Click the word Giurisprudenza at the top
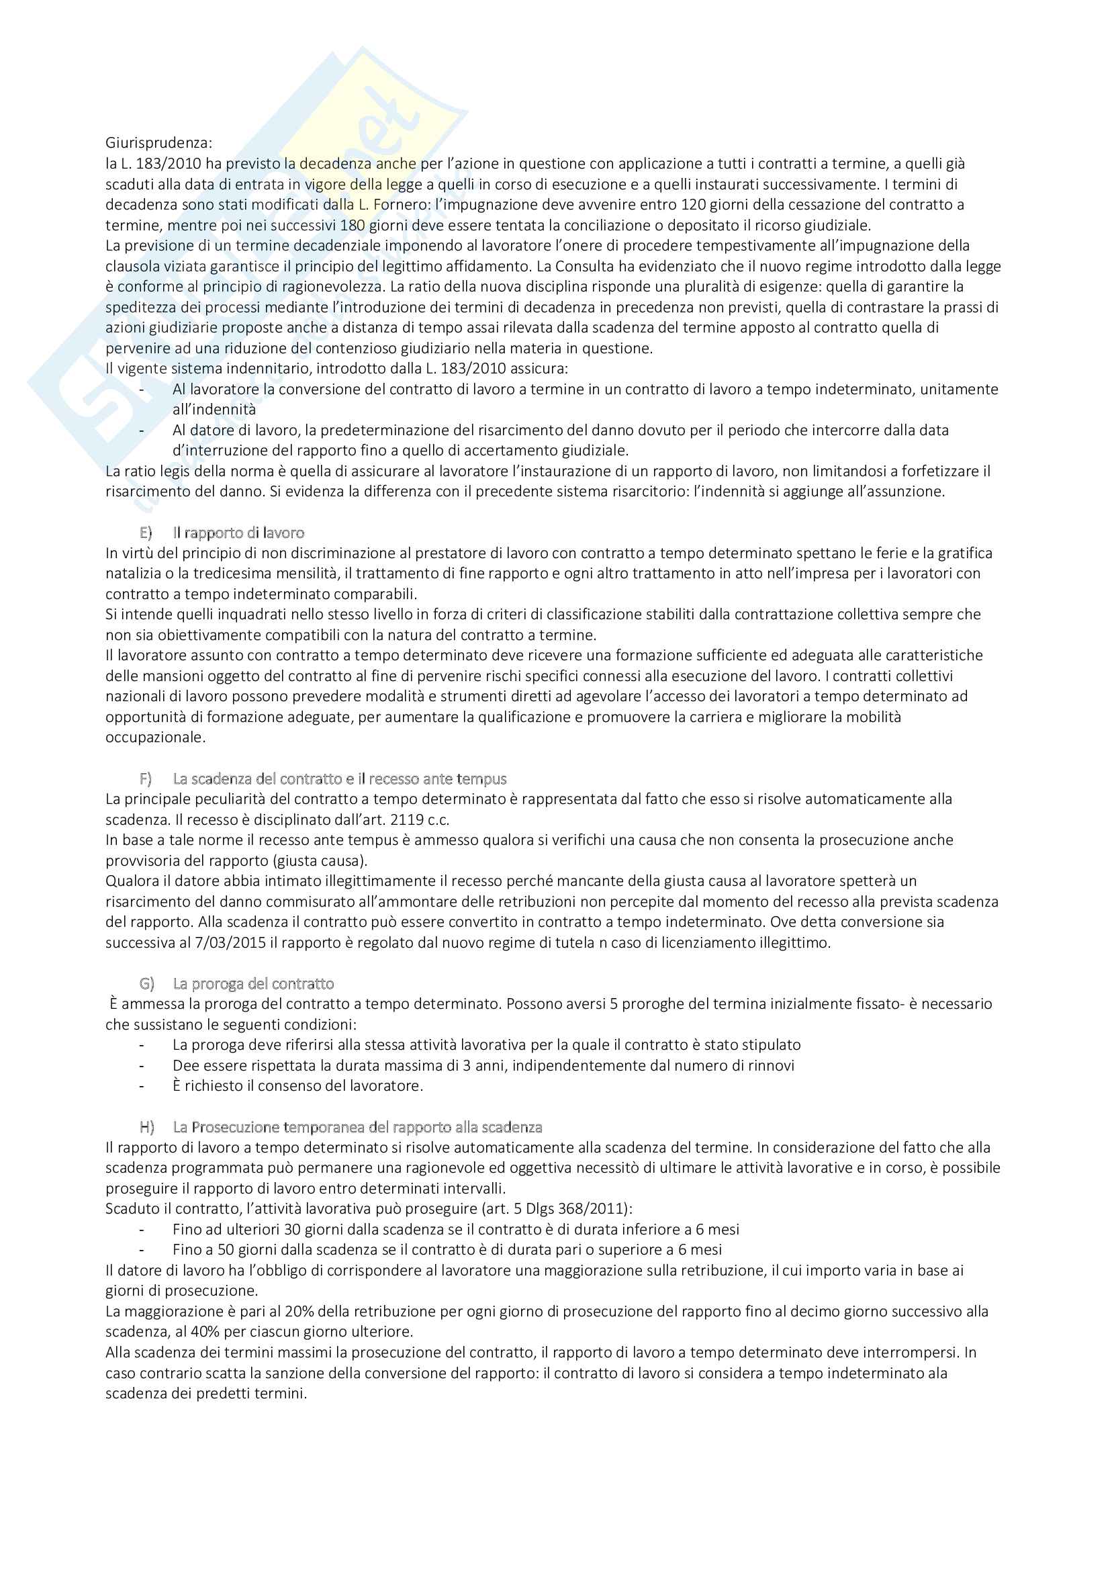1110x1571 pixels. click(158, 143)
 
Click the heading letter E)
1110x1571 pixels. click(146, 533)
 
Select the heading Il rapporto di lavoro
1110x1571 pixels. click(238, 533)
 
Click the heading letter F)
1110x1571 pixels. click(146, 778)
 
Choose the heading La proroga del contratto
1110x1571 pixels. click(253, 984)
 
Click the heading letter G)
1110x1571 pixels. click(146, 984)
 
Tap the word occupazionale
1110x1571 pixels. click(154, 737)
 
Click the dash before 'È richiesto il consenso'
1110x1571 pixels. click(142, 1086)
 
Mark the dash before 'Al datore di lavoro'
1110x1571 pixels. click(142, 431)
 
